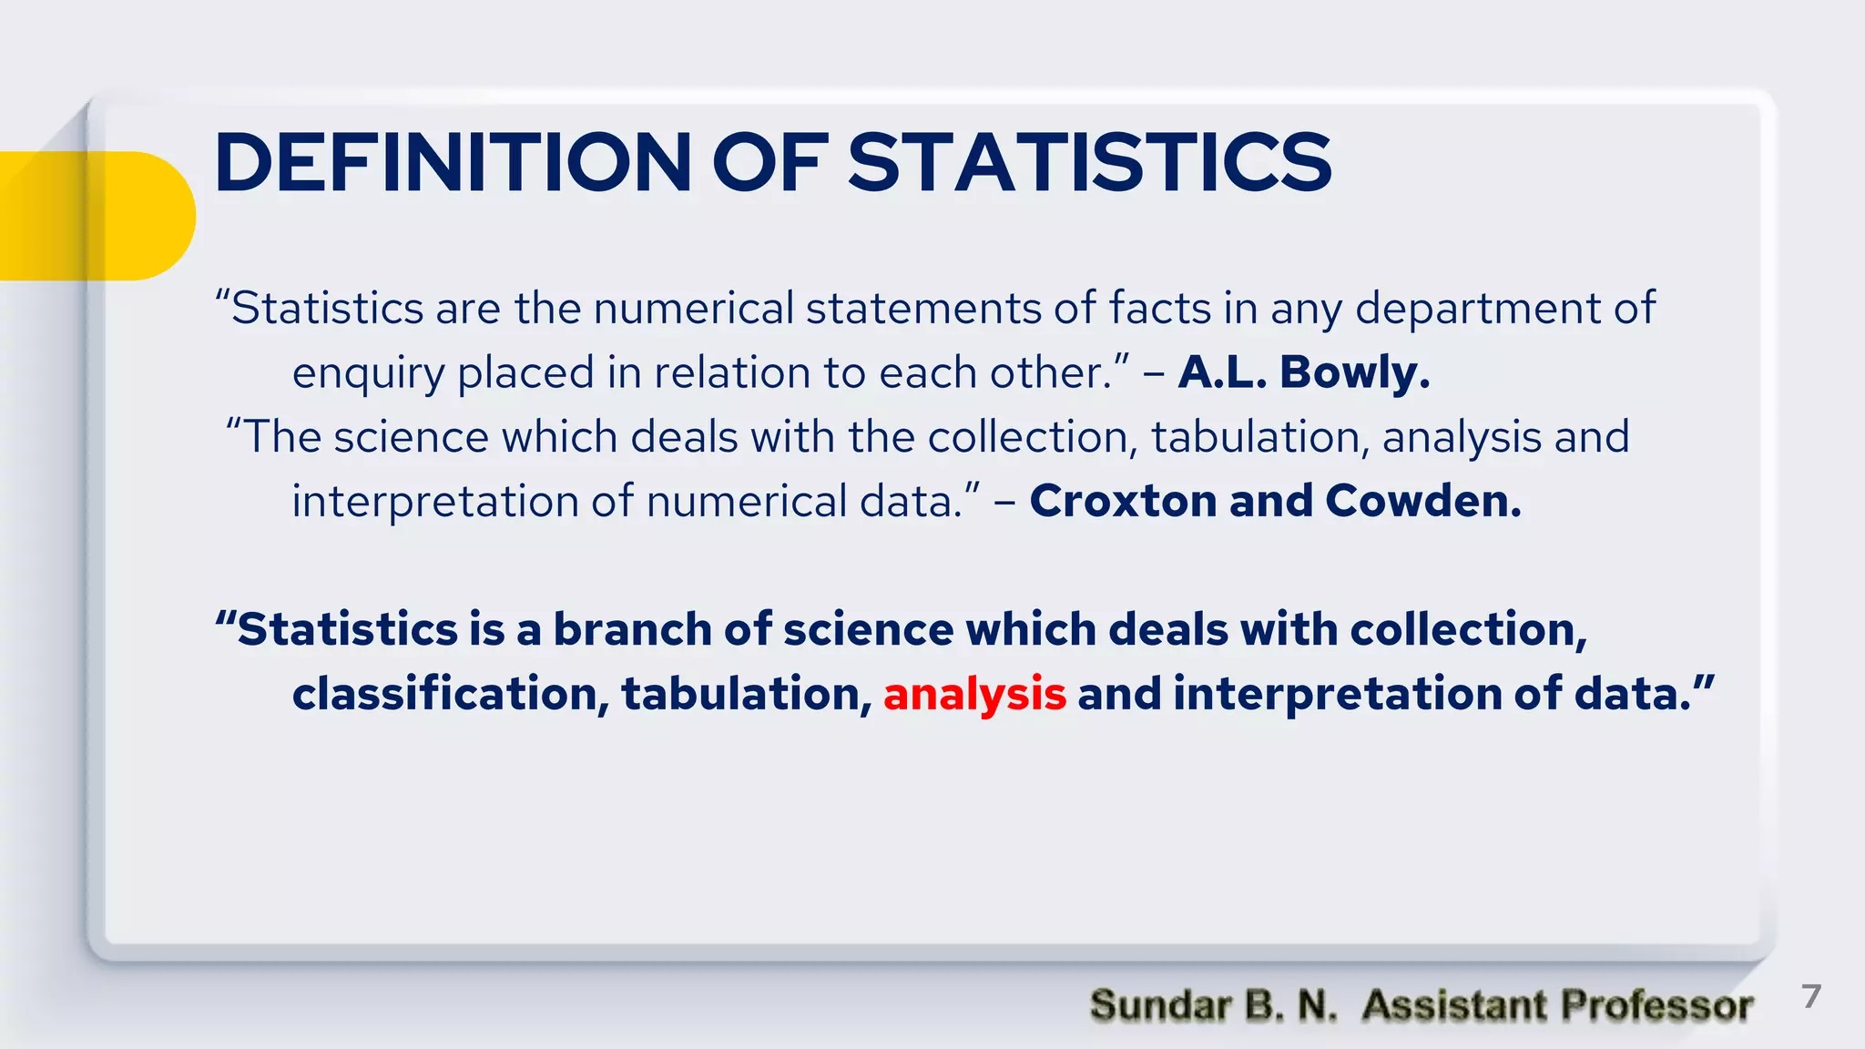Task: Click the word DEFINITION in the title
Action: pos(453,163)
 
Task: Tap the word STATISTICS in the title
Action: pos(1089,163)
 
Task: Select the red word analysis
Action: pos(974,694)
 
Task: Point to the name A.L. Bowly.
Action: pos(1304,372)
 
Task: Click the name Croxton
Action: pos(1124,501)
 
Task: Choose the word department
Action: pos(1479,310)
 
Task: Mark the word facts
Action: pos(1159,308)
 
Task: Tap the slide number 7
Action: pos(1811,996)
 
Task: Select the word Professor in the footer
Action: pos(1656,1005)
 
